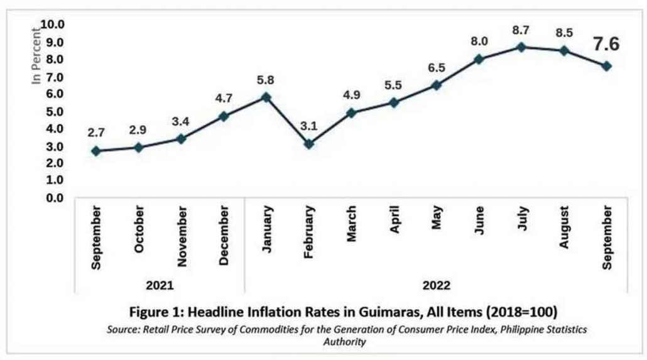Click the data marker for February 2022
point(308,144)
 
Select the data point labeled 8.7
point(521,47)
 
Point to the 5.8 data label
point(266,80)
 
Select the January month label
point(266,229)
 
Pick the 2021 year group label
point(160,285)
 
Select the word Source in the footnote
point(122,329)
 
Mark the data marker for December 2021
point(223,116)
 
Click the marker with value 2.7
point(95,151)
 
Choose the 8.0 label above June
point(479,42)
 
